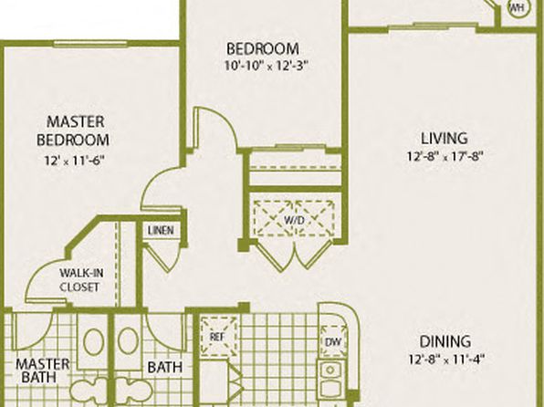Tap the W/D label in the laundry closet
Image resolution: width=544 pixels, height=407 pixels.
click(294, 220)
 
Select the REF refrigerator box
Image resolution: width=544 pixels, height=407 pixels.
click(218, 337)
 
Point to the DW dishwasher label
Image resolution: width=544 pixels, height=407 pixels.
click(333, 342)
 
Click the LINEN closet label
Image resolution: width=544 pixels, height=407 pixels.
click(161, 230)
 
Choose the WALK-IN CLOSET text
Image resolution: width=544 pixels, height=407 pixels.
click(81, 280)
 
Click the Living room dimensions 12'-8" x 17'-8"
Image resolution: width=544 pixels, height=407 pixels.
click(445, 156)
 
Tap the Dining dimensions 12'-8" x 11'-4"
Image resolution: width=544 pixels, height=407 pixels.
click(445, 359)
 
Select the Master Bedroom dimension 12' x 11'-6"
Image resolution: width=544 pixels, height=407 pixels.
click(74, 161)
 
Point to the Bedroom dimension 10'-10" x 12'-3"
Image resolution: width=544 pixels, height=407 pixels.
click(267, 66)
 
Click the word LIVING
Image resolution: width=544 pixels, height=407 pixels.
click(445, 138)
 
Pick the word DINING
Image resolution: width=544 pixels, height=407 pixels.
click(445, 341)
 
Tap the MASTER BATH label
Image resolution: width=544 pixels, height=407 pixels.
click(42, 370)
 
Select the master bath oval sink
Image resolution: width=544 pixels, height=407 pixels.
click(93, 342)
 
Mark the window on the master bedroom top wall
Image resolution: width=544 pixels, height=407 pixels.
click(90, 44)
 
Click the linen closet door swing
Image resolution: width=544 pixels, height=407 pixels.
click(164, 257)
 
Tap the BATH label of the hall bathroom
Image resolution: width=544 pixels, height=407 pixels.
click(165, 367)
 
